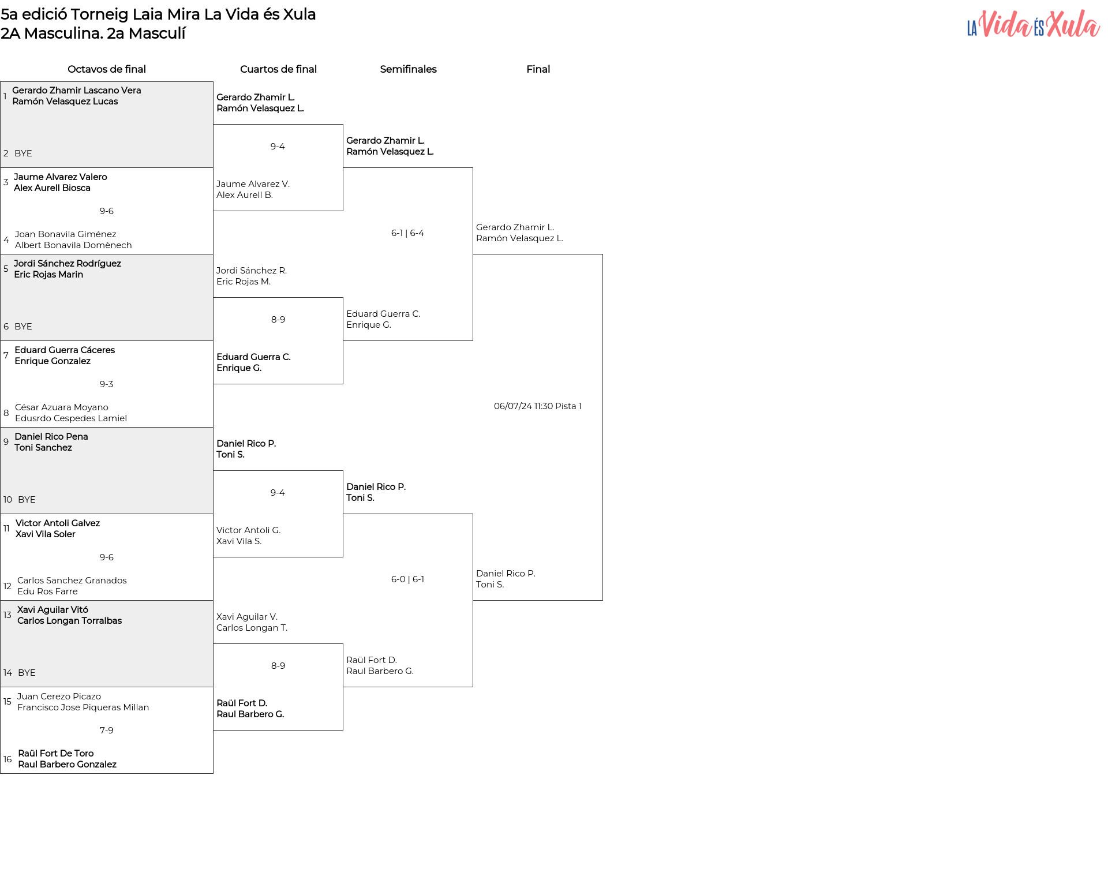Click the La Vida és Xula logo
(1034, 24)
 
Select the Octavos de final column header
(107, 69)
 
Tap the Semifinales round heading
(408, 69)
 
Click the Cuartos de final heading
(278, 69)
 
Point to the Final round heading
(538, 69)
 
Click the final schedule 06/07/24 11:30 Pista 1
(538, 406)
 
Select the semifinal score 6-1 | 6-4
(407, 233)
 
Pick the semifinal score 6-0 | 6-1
(407, 579)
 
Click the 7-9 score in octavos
(107, 731)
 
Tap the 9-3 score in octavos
(107, 384)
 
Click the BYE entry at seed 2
(23, 153)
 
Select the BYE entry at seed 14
(27, 673)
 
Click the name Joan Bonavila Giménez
(66, 234)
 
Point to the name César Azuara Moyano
(62, 407)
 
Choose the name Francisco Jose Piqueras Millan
(83, 707)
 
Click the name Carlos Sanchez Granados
(72, 581)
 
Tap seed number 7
(6, 355)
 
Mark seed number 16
(8, 759)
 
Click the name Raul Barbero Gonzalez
(68, 765)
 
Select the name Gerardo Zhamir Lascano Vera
(77, 91)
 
